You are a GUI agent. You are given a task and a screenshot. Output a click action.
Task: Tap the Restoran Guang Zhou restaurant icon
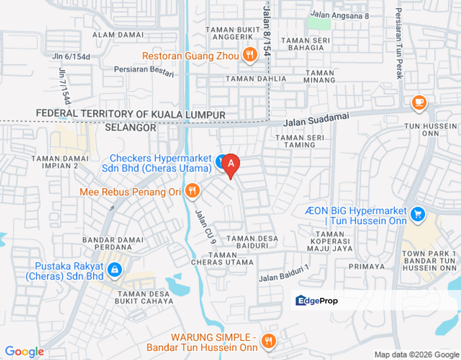(x=249, y=54)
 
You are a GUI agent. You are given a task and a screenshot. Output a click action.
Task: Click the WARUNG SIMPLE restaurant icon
(x=268, y=341)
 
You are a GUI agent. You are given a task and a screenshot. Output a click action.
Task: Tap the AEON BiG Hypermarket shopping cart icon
(x=417, y=214)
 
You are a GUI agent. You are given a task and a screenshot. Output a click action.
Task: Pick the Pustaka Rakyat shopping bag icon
(x=114, y=270)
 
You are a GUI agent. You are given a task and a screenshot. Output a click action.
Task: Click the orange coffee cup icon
(x=418, y=102)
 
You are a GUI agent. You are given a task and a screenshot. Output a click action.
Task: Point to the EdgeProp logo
(x=316, y=300)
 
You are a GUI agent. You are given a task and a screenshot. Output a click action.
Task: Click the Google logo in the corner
(x=24, y=352)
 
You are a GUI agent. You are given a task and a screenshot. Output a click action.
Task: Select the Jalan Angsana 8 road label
(x=339, y=15)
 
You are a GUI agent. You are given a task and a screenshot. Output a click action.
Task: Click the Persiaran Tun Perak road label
(x=399, y=43)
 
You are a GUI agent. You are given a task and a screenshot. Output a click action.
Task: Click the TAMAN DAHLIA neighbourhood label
(x=256, y=78)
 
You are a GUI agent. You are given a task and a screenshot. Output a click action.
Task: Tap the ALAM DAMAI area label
(x=118, y=35)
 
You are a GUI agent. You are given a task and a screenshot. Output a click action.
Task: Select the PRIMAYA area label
(x=366, y=266)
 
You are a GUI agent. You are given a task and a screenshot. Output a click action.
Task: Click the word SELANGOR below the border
(x=131, y=127)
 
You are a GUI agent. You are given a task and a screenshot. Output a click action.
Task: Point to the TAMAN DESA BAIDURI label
(x=252, y=242)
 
